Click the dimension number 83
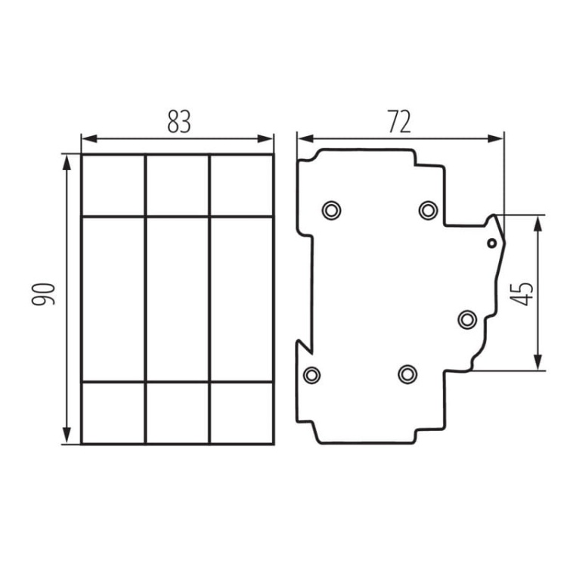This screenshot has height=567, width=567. pos(178,122)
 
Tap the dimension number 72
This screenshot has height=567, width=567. pos(400,122)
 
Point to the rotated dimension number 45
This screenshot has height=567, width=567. pos(522,293)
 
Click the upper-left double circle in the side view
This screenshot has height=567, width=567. pos(331,209)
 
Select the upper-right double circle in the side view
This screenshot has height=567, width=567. pos(428,209)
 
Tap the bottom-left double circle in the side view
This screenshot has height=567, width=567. pos(311,373)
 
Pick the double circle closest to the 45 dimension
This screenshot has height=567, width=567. pos(467,319)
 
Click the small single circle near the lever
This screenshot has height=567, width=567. pos(491,243)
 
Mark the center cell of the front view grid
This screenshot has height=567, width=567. pos(177,299)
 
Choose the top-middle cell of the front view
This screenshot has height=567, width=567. pos(177,185)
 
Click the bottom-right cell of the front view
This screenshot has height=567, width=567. pos(241,413)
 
